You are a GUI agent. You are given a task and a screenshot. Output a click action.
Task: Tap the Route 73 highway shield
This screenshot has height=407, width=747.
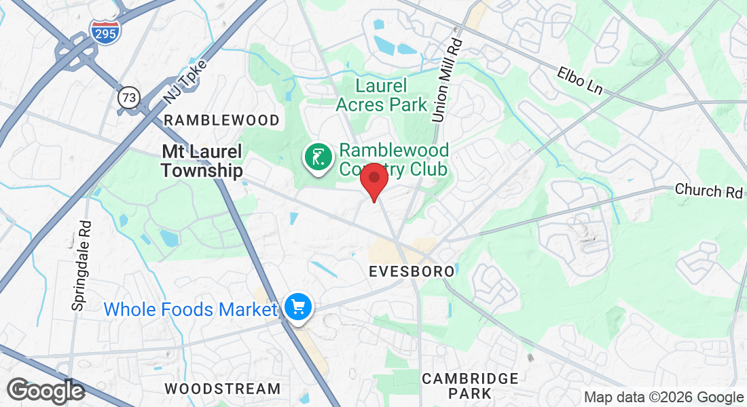click(x=128, y=98)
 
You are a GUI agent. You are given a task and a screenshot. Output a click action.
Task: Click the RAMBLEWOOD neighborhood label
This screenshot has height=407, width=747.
click(x=221, y=121)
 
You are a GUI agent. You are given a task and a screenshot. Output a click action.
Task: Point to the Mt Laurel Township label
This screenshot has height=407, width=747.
click(x=202, y=161)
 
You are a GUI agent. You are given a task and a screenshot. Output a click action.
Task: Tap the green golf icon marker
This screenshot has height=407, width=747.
click(x=316, y=158)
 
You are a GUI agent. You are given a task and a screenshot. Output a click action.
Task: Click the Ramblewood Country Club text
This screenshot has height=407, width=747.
click(x=394, y=159)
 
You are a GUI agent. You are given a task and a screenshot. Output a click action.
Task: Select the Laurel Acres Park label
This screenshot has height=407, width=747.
click(x=381, y=96)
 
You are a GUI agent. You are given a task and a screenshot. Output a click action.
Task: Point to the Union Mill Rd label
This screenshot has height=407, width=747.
click(x=446, y=81)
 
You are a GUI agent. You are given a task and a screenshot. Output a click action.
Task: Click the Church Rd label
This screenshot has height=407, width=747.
click(x=708, y=191)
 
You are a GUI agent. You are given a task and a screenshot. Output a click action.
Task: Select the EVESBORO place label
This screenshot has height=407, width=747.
click(x=412, y=271)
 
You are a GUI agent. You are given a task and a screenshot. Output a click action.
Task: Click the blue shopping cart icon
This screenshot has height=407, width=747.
click(x=297, y=307)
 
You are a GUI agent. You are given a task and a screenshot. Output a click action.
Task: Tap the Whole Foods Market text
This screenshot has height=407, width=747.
click(x=190, y=310)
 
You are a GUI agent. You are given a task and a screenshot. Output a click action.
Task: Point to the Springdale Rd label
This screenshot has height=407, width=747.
click(x=80, y=265)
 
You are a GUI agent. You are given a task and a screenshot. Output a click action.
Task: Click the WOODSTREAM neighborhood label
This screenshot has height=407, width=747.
click(x=223, y=389)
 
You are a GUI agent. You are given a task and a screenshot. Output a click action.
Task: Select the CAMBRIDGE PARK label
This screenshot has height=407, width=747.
click(x=470, y=386)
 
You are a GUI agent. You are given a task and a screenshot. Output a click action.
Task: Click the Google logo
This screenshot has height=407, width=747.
click(x=45, y=391)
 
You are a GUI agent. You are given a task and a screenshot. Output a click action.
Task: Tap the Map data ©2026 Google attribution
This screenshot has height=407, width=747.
click(x=664, y=398)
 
